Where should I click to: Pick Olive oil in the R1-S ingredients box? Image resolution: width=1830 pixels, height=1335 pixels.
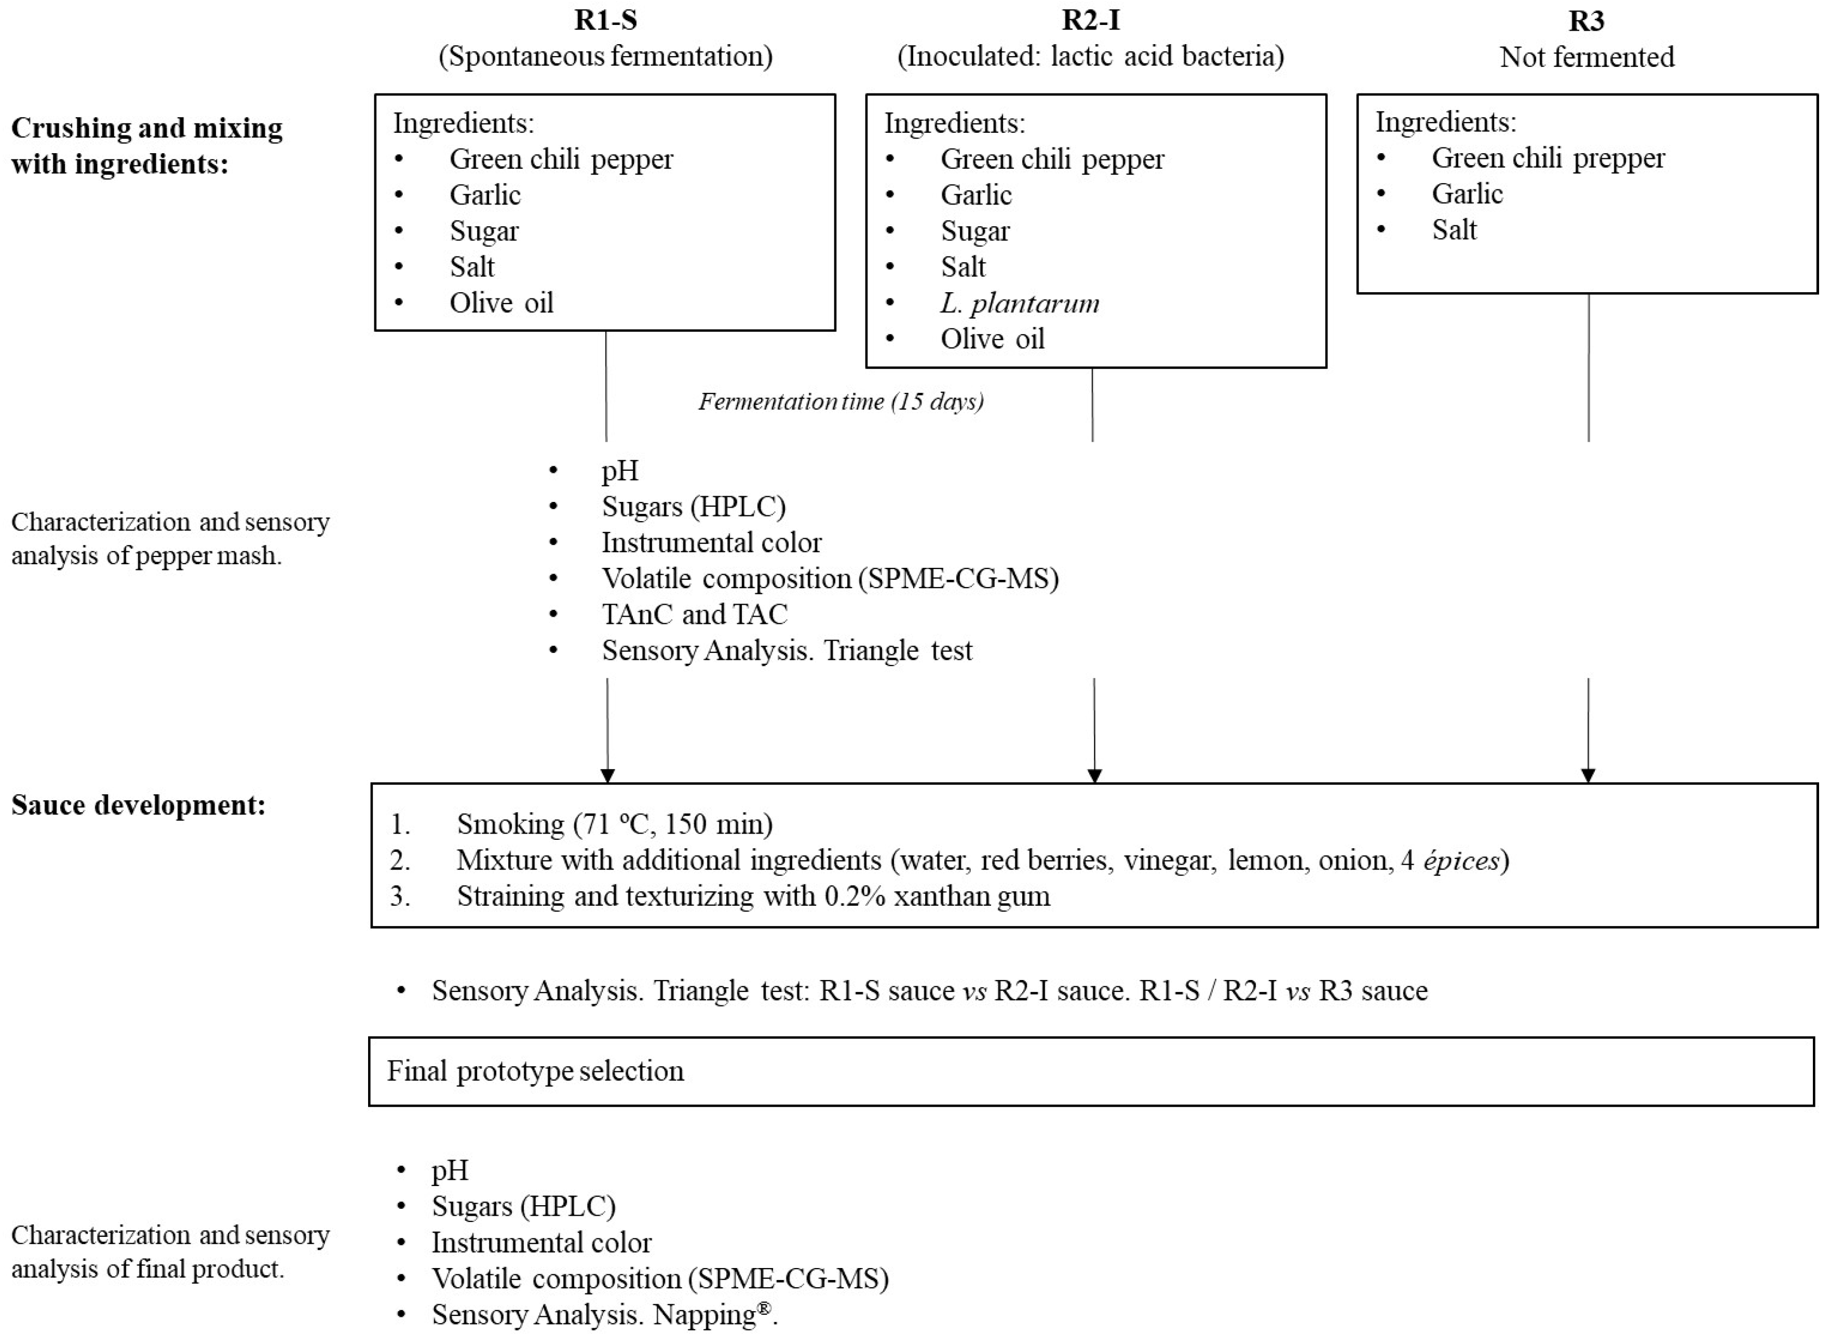tap(501, 303)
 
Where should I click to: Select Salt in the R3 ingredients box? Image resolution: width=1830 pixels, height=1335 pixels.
tap(1454, 230)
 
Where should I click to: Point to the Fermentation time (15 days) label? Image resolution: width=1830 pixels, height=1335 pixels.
tap(841, 402)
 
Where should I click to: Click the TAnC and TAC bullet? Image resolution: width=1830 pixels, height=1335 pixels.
tap(694, 614)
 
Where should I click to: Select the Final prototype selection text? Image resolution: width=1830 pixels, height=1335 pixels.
tap(535, 1071)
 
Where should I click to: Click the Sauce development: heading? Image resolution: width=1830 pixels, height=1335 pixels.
tap(138, 805)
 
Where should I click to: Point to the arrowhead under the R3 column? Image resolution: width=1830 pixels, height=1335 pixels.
tap(1588, 775)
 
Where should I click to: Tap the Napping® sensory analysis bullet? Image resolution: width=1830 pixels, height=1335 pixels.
tap(604, 1315)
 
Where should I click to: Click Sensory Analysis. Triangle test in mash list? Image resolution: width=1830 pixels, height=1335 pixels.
tap(787, 650)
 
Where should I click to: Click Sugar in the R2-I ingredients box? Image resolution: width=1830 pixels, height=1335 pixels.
tap(975, 231)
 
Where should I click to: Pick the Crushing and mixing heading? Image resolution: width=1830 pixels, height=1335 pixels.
tap(146, 145)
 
